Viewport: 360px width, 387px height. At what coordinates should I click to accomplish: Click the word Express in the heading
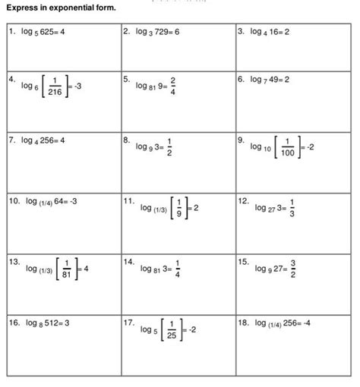click(x=22, y=9)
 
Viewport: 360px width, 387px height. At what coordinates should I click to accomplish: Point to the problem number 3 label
click(x=241, y=33)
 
